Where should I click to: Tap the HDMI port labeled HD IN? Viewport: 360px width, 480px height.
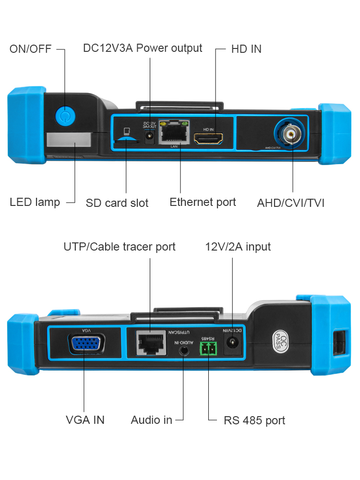pyautogui.click(x=209, y=139)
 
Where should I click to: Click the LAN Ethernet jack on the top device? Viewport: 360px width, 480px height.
pyautogui.click(x=174, y=133)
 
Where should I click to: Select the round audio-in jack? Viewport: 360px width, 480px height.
pyautogui.click(x=184, y=350)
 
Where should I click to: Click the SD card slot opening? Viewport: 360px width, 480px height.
pyautogui.click(x=126, y=140)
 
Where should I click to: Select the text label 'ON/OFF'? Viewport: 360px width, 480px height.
pyautogui.click(x=30, y=49)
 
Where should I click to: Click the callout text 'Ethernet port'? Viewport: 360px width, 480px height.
pyautogui.click(x=203, y=202)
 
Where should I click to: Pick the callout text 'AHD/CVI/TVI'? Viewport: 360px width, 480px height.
pyautogui.click(x=290, y=203)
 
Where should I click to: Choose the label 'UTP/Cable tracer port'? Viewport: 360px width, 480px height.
pyautogui.click(x=120, y=247)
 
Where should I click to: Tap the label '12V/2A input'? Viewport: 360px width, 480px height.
pyautogui.click(x=238, y=247)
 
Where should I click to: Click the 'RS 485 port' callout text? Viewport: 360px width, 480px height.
pyautogui.click(x=254, y=420)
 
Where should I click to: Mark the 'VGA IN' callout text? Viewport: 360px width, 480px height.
pyautogui.click(x=85, y=420)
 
